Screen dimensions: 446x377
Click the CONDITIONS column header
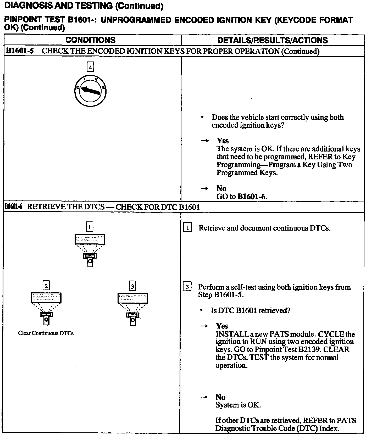click(90, 40)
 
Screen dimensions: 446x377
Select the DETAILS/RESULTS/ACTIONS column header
click(273, 40)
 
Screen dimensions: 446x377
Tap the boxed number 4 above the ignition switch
click(90, 67)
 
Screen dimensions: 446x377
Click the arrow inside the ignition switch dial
click(90, 91)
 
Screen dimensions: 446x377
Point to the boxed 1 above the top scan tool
click(90, 227)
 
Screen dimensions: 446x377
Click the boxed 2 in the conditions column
click(46, 286)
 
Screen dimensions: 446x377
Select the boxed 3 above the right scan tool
click(132, 286)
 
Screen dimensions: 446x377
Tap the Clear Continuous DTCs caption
click(46, 333)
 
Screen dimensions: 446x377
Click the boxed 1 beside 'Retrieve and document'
click(187, 228)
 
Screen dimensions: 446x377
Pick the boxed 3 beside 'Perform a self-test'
click(187, 287)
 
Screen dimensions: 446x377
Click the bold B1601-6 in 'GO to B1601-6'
click(252, 197)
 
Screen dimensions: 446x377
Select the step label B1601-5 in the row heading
click(20, 51)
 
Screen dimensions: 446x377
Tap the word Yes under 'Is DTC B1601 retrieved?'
click(222, 326)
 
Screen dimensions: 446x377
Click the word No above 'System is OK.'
click(220, 397)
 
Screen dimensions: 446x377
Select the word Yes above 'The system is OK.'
click(223, 141)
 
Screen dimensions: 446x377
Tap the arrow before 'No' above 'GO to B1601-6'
click(204, 188)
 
